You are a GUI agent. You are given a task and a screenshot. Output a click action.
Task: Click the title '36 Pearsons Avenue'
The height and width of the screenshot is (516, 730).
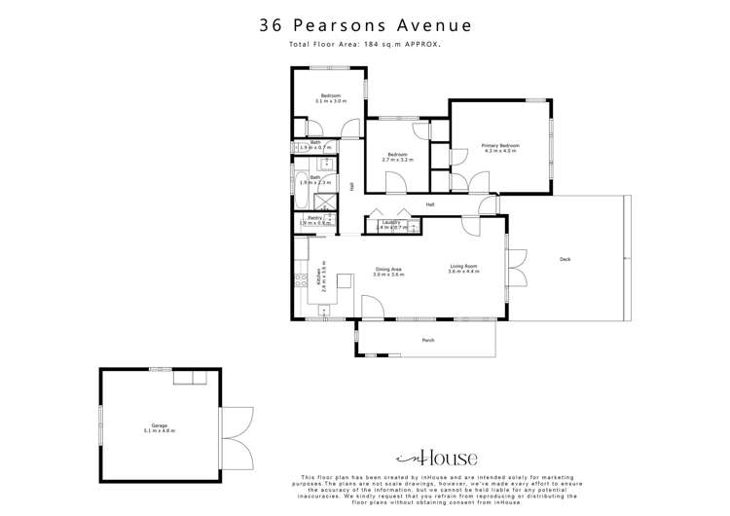[x=365, y=26]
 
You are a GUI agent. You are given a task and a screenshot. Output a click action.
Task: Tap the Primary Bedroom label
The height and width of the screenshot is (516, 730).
[x=499, y=148]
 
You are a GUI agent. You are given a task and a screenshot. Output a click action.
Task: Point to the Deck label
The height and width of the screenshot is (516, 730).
[x=565, y=258]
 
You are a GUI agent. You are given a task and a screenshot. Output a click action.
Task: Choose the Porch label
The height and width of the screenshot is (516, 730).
[x=427, y=340]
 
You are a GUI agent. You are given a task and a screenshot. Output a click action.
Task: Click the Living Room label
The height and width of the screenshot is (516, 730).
[x=463, y=269]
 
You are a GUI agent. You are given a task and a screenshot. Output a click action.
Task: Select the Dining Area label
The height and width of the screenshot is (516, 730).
[x=388, y=272]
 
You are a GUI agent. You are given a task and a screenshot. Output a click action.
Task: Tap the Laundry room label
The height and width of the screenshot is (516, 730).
[x=392, y=224]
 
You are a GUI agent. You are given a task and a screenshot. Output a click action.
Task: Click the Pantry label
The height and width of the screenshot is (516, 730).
[x=314, y=221]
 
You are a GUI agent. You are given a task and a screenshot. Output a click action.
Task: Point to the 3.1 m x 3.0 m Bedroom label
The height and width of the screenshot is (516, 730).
[x=330, y=98]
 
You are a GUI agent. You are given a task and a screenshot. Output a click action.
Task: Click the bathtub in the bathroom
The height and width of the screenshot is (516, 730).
[x=304, y=202]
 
